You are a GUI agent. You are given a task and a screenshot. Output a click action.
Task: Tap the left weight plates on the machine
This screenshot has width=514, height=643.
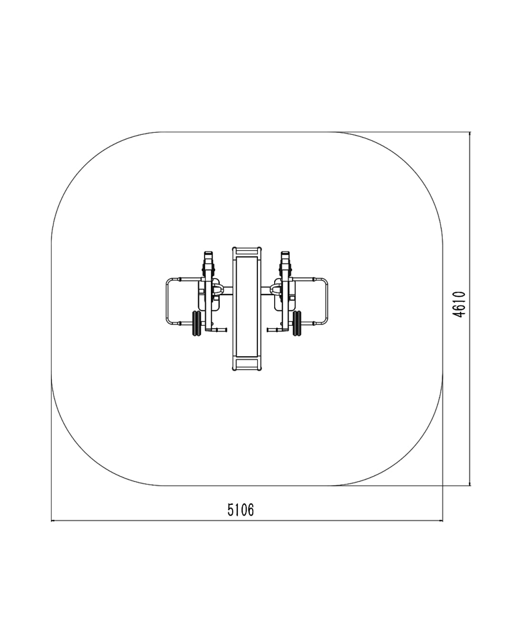coord(197,323)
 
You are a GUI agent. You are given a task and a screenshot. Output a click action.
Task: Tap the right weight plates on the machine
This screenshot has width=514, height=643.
coord(297,323)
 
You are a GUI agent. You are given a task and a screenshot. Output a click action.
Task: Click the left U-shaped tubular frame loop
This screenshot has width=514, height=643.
coord(167,301)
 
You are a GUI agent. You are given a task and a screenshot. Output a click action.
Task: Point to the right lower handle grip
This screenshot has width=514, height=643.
coord(273,330)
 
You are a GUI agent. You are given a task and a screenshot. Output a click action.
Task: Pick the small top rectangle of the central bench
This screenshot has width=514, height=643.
coord(247,251)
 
